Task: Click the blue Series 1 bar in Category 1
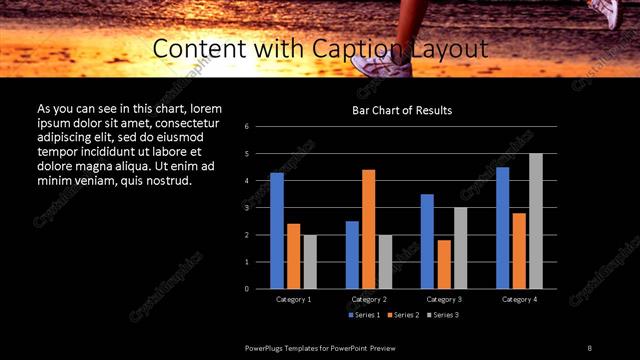277,231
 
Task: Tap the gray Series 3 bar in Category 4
535,221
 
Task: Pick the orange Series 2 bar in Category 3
444,264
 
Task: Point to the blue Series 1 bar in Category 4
502,228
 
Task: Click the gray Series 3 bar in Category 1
310,262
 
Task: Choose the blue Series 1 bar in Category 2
352,255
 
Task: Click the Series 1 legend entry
364,315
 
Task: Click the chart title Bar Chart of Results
402,110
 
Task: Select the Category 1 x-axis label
293,299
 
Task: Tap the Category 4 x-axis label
519,299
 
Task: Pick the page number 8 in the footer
589,347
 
